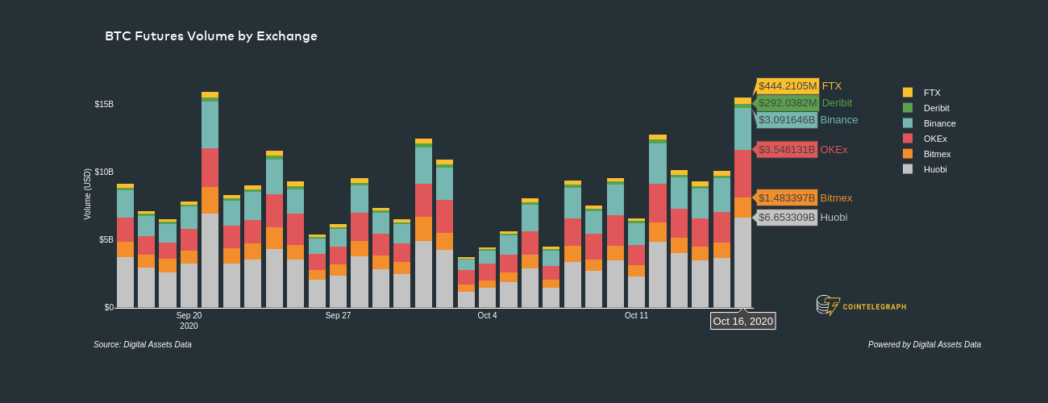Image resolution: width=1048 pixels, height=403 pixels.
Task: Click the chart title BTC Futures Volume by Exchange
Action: [211, 36]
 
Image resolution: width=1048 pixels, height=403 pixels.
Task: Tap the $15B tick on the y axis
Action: [104, 105]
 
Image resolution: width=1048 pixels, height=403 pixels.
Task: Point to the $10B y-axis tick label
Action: [104, 172]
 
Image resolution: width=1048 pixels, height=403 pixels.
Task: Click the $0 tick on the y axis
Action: [108, 308]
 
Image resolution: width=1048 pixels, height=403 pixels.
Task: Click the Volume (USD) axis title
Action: [88, 194]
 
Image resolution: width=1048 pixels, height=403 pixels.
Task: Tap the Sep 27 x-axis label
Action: [338, 315]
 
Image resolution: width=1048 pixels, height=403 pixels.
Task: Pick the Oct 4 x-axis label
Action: [487, 315]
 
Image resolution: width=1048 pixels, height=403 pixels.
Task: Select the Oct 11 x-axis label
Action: [636, 315]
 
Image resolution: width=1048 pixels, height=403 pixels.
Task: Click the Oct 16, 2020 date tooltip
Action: [742, 321]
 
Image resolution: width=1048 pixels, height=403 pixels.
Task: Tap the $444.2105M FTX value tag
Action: [787, 86]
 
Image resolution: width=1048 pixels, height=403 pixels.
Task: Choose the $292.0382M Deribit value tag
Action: [787, 103]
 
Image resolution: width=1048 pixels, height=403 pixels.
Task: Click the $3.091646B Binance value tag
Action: [787, 120]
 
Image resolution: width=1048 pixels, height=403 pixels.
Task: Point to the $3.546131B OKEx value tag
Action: [787, 150]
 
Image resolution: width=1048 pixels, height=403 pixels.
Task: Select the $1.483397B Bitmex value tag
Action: [787, 198]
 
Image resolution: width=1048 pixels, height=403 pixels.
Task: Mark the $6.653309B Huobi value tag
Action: [787, 218]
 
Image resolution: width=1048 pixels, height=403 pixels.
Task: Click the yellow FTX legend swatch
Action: [908, 93]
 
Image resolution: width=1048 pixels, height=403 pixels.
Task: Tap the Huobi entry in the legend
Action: [935, 169]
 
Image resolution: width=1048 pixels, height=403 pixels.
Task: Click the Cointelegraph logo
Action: [861, 305]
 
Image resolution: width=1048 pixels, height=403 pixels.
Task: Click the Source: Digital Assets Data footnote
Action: [143, 345]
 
